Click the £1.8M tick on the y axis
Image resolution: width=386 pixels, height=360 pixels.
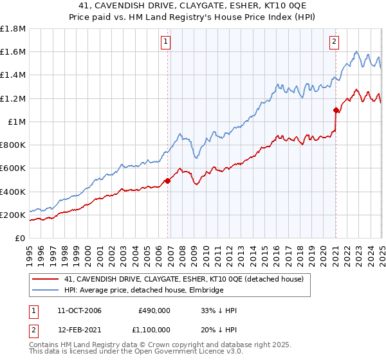(x=14, y=29)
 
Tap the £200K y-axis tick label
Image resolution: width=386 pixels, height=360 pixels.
(x=13, y=215)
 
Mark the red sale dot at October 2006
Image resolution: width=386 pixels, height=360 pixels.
(x=168, y=181)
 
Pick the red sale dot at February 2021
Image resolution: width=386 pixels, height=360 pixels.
(x=336, y=110)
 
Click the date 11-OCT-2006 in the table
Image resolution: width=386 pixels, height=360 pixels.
(x=79, y=310)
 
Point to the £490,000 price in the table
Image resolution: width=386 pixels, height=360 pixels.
(x=154, y=310)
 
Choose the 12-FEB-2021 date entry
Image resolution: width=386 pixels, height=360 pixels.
(x=79, y=330)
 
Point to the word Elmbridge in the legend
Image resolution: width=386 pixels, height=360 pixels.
(x=205, y=291)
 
